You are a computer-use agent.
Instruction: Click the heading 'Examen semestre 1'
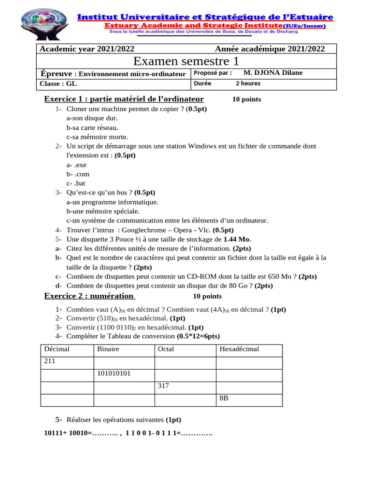pos(186,61)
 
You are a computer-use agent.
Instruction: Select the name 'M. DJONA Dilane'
pos(273,73)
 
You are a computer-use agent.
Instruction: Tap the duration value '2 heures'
pos(248,83)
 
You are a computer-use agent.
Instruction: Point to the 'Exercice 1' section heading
pos(124,99)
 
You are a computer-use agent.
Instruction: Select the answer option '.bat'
pos(76,183)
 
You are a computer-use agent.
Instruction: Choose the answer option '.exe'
pos(76,165)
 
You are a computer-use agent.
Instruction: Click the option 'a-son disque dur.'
pos(92,118)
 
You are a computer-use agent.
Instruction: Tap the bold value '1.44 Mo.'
pos(237,239)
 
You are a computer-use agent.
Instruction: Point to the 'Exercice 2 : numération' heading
pos(89,296)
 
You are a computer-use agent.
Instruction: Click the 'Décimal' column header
pos(57,349)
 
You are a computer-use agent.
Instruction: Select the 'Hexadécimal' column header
pos(239,349)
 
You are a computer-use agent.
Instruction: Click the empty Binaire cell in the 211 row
pos(124,363)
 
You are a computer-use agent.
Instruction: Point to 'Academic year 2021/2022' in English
pos(87,49)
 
